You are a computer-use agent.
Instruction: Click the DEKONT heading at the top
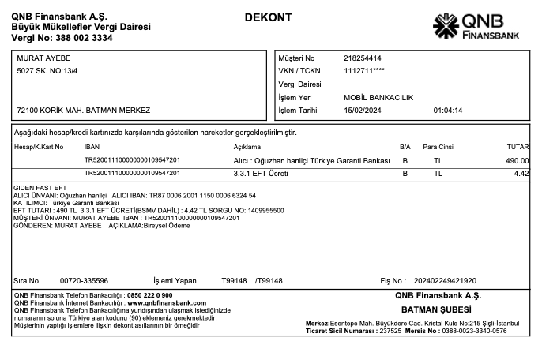(268, 17)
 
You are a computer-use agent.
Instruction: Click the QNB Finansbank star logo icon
(446, 27)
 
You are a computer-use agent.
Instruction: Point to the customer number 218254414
(363, 58)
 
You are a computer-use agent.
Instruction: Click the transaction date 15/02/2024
(363, 111)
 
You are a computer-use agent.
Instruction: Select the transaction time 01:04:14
(448, 111)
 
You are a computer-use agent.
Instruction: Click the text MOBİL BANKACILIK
(378, 98)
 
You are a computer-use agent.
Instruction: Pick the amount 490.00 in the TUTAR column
(518, 160)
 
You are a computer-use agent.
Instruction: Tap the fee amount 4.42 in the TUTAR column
(521, 173)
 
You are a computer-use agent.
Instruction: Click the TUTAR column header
(518, 147)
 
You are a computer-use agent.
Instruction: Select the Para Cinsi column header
(438, 147)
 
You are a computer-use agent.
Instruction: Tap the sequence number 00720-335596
(84, 280)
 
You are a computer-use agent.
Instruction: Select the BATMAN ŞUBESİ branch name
(436, 309)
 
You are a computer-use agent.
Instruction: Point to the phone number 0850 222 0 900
(149, 295)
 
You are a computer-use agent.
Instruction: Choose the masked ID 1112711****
(364, 71)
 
